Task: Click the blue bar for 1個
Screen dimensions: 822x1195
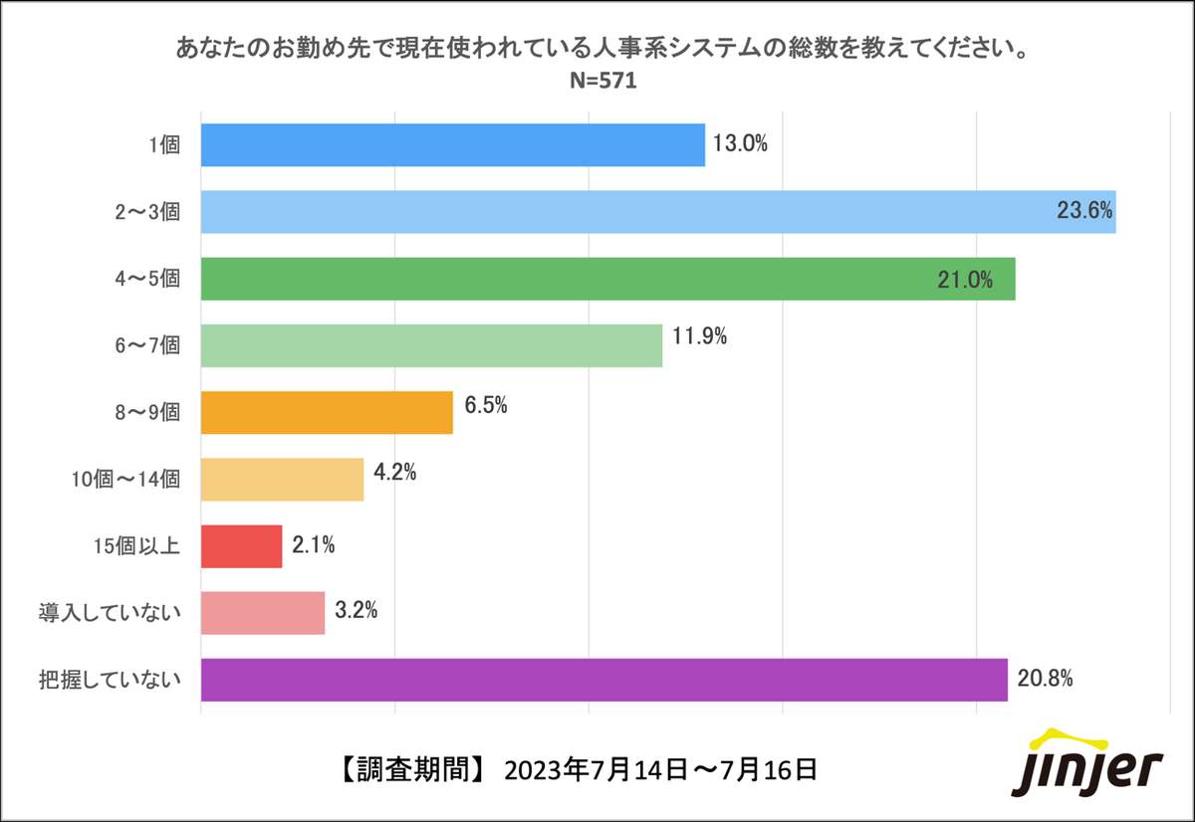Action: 453,145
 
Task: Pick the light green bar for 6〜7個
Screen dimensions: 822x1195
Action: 431,345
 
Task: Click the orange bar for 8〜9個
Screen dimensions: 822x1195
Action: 327,412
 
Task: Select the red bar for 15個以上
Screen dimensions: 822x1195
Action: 242,546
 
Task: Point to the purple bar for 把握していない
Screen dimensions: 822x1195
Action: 603,680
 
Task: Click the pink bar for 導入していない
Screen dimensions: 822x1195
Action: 263,613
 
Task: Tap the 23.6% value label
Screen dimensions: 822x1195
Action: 1084,212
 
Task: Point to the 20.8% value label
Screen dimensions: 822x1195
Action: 1045,680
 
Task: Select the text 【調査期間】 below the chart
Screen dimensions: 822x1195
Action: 409,769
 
